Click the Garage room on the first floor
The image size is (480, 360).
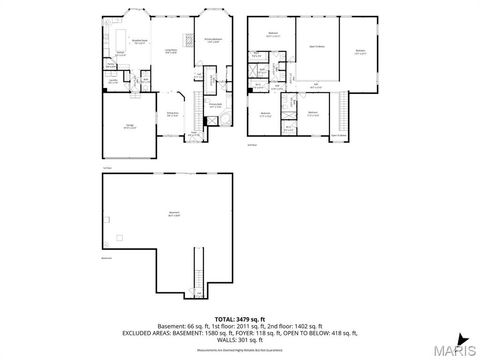point(129,128)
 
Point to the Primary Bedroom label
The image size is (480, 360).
point(213,40)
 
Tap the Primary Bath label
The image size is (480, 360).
point(214,104)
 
